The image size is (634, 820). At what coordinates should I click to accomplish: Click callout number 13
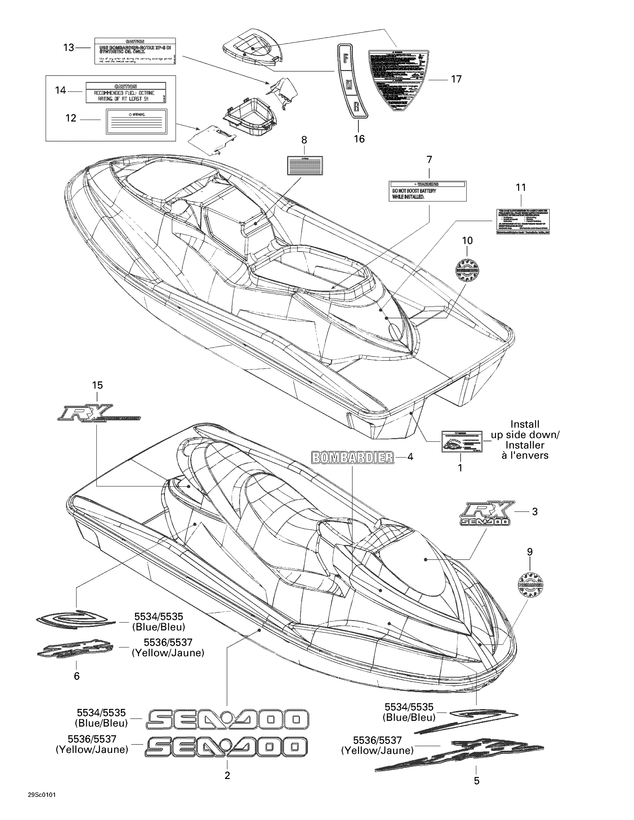click(x=69, y=48)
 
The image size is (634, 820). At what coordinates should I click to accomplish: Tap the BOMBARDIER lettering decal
click(x=353, y=457)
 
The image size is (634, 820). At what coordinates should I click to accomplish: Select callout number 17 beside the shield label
click(x=456, y=79)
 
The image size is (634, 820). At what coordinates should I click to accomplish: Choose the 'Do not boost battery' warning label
click(x=427, y=191)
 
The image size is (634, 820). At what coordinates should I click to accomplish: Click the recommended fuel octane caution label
click(x=125, y=92)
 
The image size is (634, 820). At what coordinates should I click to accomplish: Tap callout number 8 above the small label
click(x=304, y=140)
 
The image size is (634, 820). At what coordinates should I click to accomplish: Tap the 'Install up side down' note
click(x=525, y=440)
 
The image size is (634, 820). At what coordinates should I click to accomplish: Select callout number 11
click(x=521, y=187)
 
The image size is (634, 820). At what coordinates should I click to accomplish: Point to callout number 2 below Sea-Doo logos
click(x=227, y=775)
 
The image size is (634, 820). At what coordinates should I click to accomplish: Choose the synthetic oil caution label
click(x=135, y=51)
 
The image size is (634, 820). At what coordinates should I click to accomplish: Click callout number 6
click(x=76, y=676)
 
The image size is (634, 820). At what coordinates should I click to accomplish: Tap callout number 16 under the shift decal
click(x=359, y=139)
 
